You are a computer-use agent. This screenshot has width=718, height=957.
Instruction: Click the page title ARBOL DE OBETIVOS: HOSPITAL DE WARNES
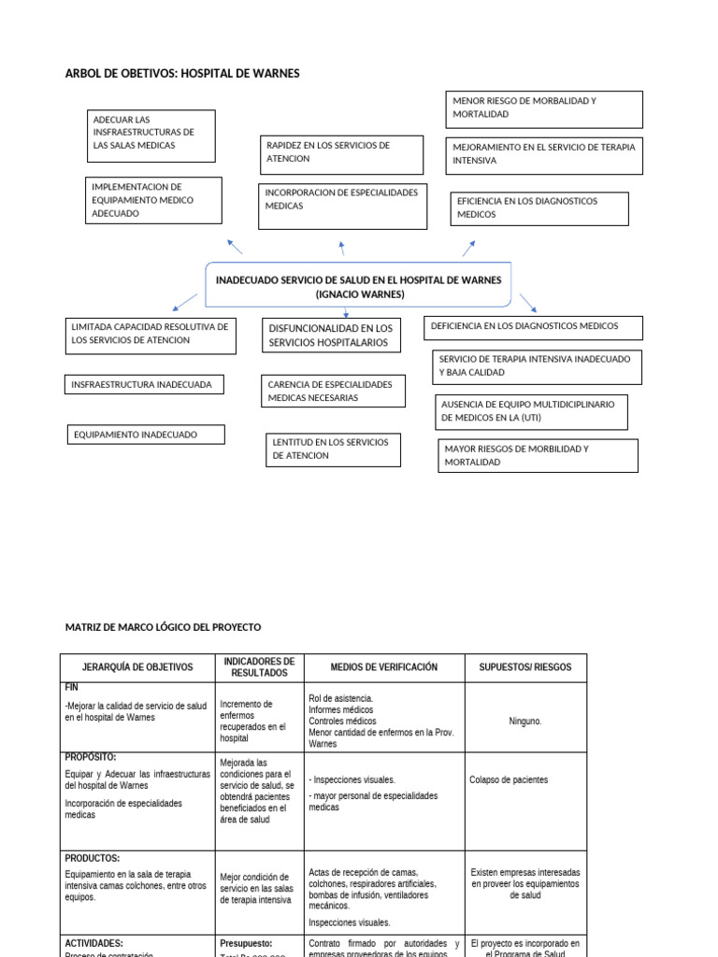coord(182,74)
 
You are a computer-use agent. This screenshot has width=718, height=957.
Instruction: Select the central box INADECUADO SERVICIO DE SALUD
coord(359,287)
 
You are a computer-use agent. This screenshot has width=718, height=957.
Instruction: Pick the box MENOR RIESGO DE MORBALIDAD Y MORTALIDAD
coord(543,108)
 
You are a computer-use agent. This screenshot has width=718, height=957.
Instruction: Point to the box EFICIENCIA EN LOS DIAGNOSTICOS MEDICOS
coord(538,208)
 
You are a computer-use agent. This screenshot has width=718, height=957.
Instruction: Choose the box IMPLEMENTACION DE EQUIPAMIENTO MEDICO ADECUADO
coord(153,200)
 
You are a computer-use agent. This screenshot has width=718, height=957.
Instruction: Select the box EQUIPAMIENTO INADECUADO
coord(148,435)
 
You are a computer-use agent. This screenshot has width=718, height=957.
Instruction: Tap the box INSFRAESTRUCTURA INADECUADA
coord(144,384)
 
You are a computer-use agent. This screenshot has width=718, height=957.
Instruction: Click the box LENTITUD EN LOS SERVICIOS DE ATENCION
coord(333,449)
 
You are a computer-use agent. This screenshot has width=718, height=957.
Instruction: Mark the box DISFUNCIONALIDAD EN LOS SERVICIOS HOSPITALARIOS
coord(331,336)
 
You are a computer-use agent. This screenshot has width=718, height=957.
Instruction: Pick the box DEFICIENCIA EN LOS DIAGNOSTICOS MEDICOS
coord(534,326)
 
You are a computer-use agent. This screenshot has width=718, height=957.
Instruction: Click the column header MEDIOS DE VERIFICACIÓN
coord(384,667)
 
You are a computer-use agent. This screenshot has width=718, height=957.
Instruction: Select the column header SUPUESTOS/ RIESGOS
coord(525,667)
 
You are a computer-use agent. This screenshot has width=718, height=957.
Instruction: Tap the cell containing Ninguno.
coord(525,721)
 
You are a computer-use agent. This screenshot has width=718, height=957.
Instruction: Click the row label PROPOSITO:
coord(91,758)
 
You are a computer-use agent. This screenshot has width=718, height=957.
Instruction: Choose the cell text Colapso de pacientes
coord(509,779)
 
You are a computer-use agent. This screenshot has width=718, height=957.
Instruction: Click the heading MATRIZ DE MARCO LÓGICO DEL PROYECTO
coord(163,627)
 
